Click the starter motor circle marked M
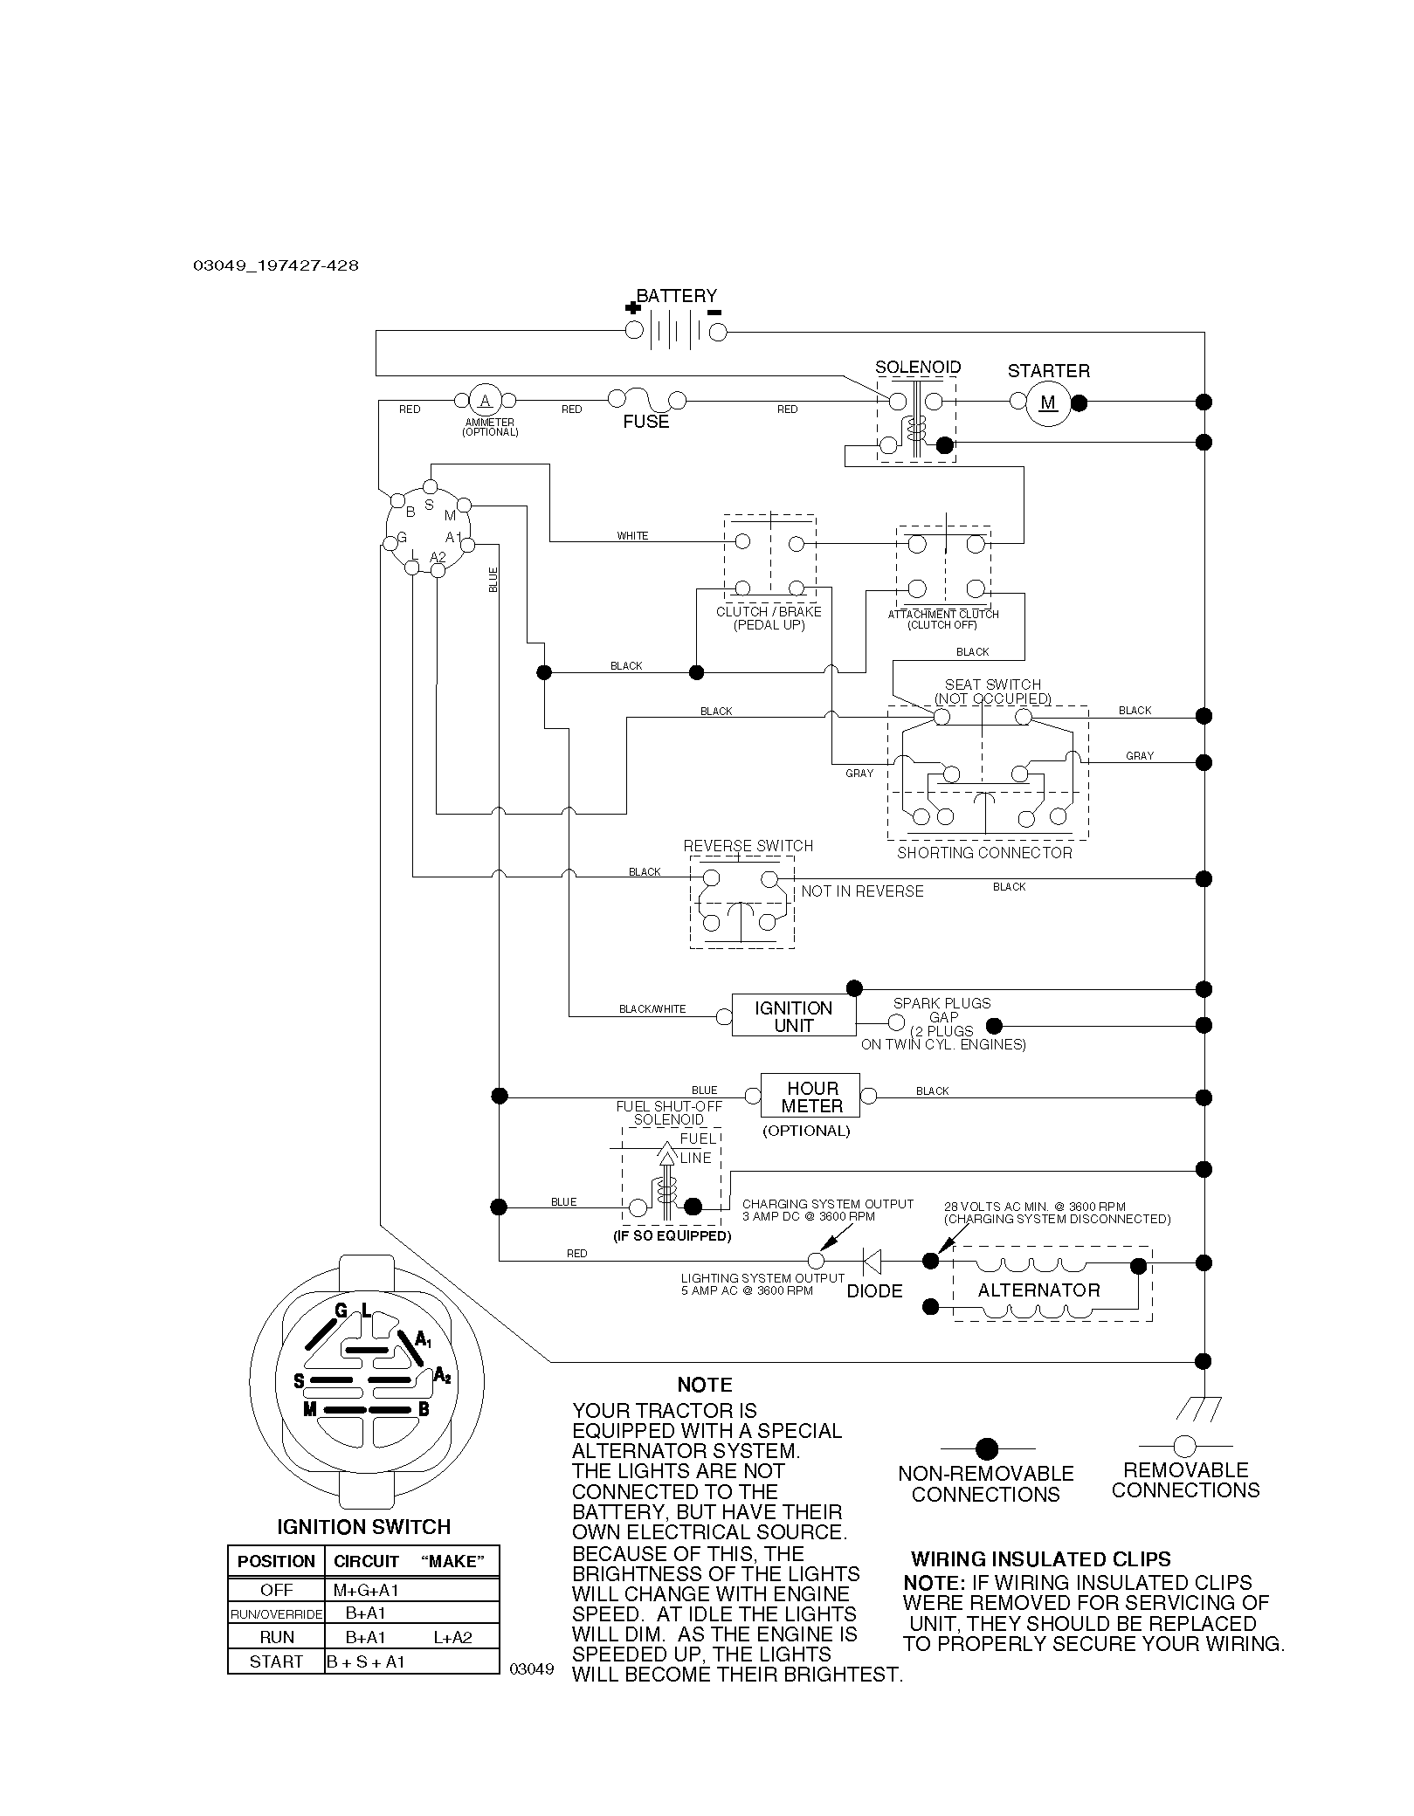click(1048, 402)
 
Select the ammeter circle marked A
click(486, 401)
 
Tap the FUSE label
click(646, 422)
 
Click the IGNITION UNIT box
click(794, 1015)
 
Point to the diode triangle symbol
click(872, 1261)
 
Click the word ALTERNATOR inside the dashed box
click(1038, 1290)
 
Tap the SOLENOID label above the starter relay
click(918, 368)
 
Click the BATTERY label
click(677, 296)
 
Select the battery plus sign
click(632, 307)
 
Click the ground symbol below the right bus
click(1199, 1407)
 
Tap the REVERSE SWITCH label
click(748, 846)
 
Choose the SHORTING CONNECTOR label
click(984, 853)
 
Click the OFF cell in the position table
click(276, 1590)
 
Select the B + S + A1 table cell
click(366, 1661)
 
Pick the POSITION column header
click(276, 1561)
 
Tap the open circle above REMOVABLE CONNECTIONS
click(1185, 1446)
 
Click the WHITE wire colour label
click(632, 536)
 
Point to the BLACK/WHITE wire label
click(652, 1009)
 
